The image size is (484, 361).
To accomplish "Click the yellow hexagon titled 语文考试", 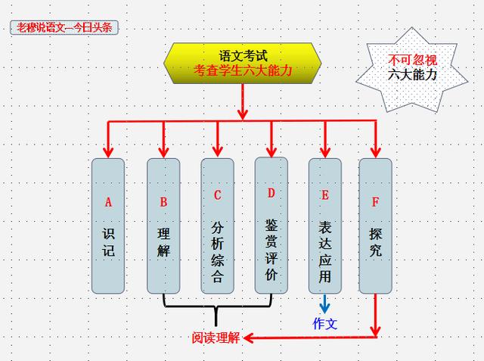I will pyautogui.click(x=243, y=64).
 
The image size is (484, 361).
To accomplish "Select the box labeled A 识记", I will pyautogui.click(x=108, y=226).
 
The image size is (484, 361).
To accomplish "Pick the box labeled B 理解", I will pyautogui.click(x=163, y=226).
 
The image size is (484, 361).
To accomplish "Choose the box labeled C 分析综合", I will pyautogui.click(x=218, y=226).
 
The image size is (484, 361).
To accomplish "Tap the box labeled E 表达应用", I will pyautogui.click(x=325, y=226).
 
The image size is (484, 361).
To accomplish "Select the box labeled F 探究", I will pyautogui.click(x=376, y=226).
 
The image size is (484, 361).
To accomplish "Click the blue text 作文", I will pyautogui.click(x=325, y=323).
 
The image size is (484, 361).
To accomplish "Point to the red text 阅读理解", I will pyautogui.click(x=216, y=338).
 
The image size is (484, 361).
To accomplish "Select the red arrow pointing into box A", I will pyautogui.click(x=108, y=141).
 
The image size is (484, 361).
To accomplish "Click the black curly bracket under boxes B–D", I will pyautogui.click(x=217, y=308).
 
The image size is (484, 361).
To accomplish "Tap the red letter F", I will pyautogui.click(x=376, y=202).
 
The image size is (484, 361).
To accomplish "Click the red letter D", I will pyautogui.click(x=271, y=192).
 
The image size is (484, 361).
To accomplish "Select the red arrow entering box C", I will pyautogui.click(x=218, y=141).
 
